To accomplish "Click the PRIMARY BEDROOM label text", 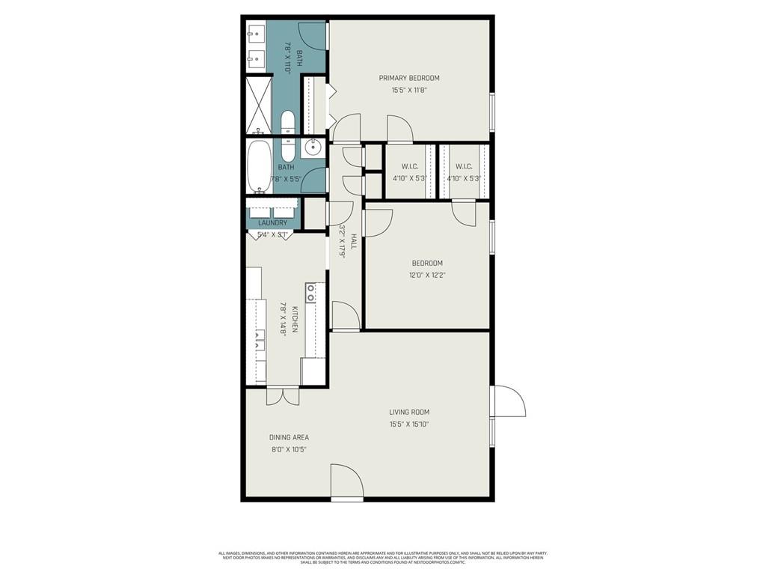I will click(408, 78).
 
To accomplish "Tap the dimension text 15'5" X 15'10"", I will click(408, 425).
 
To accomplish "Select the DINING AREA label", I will click(289, 437).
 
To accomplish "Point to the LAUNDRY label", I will click(272, 223).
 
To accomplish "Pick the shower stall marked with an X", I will click(259, 104).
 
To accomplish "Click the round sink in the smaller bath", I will click(314, 147).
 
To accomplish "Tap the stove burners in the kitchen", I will click(310, 293).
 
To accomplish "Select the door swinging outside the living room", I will click(509, 402).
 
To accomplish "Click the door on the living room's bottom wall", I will click(346, 483).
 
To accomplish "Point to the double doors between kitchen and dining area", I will click(283, 396).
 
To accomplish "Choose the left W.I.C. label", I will click(408, 166).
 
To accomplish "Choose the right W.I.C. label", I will click(463, 166).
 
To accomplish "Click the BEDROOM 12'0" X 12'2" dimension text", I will click(427, 276).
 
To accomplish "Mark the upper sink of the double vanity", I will click(255, 33).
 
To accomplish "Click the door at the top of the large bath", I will click(312, 34).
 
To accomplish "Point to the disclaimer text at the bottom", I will click(382, 558).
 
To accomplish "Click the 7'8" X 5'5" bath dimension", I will click(287, 180).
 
